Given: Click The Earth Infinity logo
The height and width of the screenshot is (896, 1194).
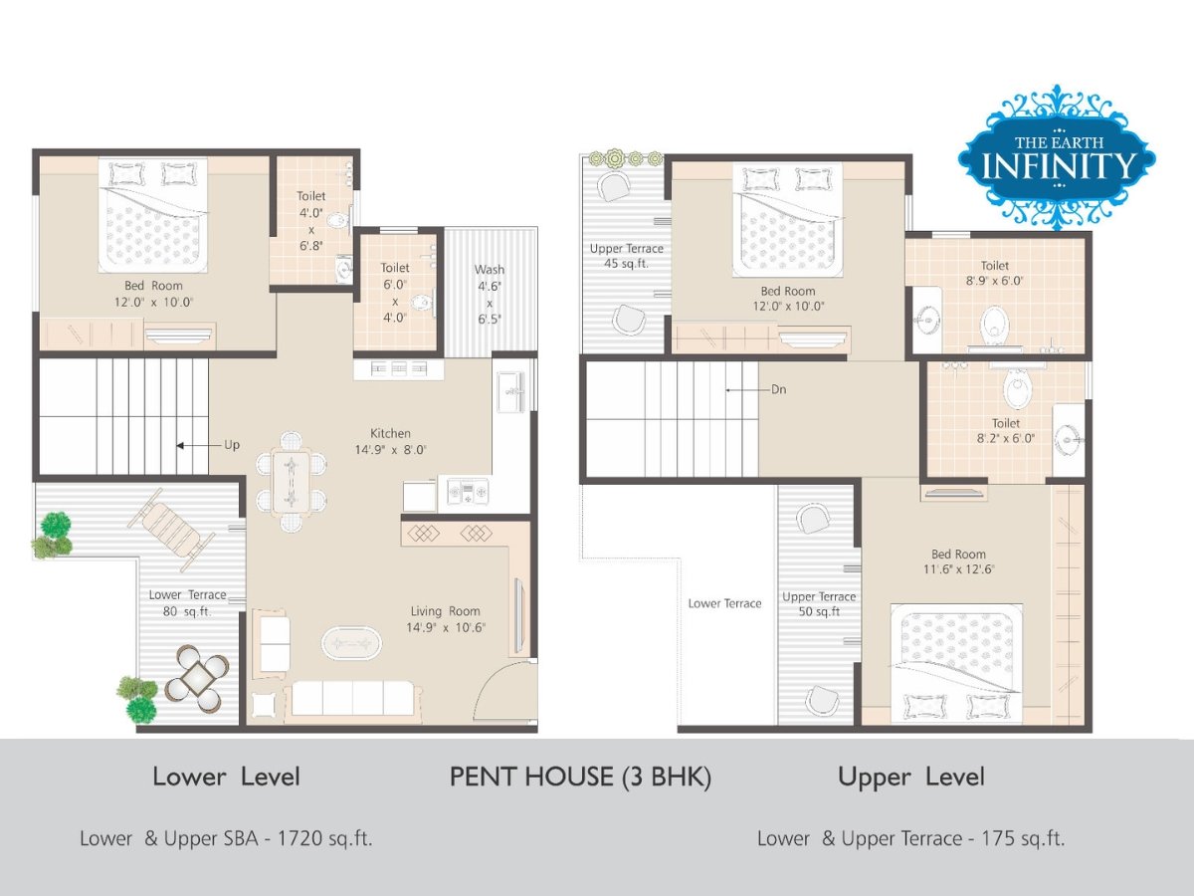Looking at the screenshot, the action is [x=1057, y=156].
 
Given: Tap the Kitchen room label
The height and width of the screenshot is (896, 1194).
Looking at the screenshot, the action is [x=390, y=434].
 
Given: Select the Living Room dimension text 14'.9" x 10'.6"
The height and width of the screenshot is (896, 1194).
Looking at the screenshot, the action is [x=446, y=628].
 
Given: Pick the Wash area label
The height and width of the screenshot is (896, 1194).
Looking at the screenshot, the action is [x=489, y=270].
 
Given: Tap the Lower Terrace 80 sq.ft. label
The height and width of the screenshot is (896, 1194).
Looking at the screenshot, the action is [x=187, y=602].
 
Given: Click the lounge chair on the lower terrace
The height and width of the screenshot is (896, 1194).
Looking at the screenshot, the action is [x=170, y=529].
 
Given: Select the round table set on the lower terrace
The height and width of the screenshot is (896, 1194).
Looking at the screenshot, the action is [x=196, y=678].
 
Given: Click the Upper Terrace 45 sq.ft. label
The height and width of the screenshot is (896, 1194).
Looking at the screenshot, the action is [x=626, y=256].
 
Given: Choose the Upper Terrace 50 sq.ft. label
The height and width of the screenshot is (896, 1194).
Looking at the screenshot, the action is [x=819, y=604].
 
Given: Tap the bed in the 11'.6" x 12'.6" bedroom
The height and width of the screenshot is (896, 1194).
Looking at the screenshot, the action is [x=956, y=663].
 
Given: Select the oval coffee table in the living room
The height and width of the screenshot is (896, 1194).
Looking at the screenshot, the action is [x=351, y=644].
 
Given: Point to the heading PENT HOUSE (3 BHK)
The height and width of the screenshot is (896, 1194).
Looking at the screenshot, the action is [x=580, y=777].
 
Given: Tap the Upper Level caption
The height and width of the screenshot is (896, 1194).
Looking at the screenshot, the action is [x=911, y=777].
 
